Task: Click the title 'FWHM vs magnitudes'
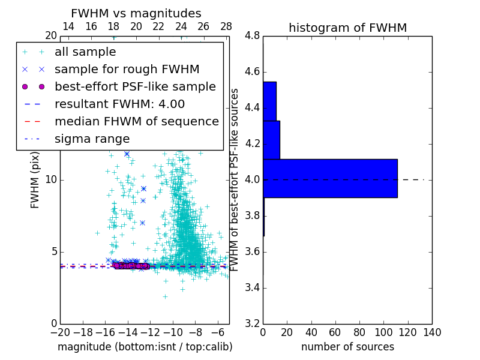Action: coord(136,13)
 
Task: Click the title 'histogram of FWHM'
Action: coord(347,28)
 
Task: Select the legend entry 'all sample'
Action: coord(85,52)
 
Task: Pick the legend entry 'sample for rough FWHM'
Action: coord(127,70)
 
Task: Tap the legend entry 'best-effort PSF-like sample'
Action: coord(135,86)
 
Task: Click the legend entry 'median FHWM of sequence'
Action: coord(136,121)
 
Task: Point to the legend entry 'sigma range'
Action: coord(92,139)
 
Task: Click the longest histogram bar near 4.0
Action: coord(330,178)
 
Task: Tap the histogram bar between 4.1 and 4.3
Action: coord(271,140)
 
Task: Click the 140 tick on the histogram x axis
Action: coord(431,332)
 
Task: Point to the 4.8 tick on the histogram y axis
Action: coord(253,36)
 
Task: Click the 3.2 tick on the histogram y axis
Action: coord(253,323)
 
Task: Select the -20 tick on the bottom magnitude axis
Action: coord(60,332)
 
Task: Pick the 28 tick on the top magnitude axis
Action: coord(226,26)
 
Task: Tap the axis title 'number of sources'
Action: coord(347,347)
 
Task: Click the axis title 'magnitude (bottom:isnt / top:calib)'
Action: coord(145,347)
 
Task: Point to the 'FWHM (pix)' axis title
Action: coord(35,180)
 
